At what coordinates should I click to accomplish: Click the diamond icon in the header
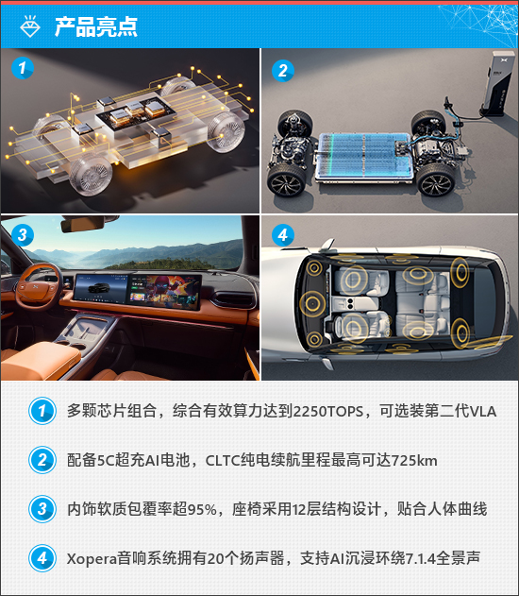click(x=30, y=26)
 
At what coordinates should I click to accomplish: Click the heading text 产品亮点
click(x=95, y=26)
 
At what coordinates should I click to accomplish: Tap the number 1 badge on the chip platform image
click(x=23, y=68)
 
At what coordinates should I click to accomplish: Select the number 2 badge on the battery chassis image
click(x=283, y=70)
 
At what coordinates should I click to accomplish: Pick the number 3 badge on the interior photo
click(x=23, y=234)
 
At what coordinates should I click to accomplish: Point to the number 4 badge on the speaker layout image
click(x=283, y=235)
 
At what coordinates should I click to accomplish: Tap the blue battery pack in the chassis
click(x=364, y=158)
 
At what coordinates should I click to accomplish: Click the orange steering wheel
click(x=38, y=286)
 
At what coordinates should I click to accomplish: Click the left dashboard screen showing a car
click(x=101, y=289)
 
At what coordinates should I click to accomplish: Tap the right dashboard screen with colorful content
click(x=165, y=291)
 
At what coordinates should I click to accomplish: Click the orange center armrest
click(x=40, y=360)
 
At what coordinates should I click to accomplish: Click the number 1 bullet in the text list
click(x=42, y=411)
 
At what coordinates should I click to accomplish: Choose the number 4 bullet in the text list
click(x=42, y=558)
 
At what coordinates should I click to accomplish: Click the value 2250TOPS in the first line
click(x=328, y=412)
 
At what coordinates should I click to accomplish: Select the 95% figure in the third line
click(x=202, y=509)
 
